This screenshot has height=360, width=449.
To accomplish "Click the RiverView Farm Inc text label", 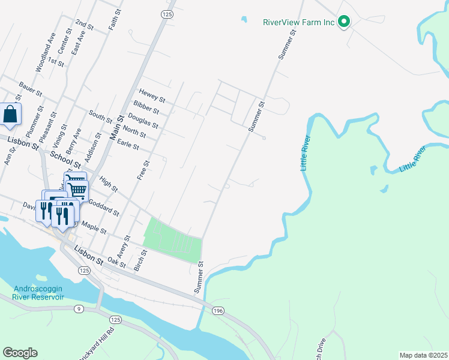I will pos(298,23).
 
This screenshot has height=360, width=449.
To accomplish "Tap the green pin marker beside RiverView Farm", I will pos(344,22).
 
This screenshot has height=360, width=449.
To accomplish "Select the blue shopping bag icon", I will pos(11,114).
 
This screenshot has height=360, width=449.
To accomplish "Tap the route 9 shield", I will pos(78,309).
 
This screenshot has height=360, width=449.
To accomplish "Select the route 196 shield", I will pos(218,310).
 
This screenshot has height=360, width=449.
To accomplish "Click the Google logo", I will pos(20,352).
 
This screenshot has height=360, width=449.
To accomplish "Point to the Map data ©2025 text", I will pos(423,355).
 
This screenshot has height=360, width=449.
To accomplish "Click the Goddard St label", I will pos(104,208).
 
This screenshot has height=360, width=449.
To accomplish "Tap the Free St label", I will pos(142,170).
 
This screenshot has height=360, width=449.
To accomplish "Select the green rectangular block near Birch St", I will pos(173,240).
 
